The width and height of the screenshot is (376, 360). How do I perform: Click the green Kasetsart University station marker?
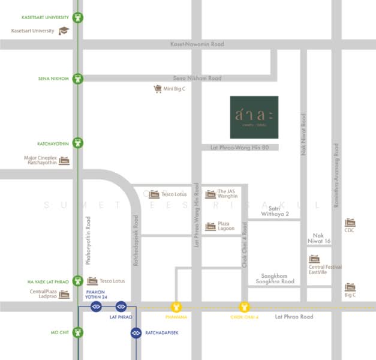tap(78, 17)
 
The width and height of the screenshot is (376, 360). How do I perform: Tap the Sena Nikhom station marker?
tap(78, 79)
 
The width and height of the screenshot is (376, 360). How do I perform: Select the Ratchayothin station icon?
tap(78, 143)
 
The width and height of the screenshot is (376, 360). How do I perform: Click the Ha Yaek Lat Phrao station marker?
tap(78, 281)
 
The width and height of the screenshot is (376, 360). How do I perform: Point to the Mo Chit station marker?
tap(78, 332)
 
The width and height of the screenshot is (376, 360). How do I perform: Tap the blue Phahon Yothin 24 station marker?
tap(96, 307)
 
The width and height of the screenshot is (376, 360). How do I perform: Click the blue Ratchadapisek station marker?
tap(136, 332)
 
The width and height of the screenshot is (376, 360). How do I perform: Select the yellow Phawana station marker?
tap(176, 307)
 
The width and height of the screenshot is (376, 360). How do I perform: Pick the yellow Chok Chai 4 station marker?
tap(244, 307)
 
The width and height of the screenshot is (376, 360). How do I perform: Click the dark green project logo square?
tap(254, 117)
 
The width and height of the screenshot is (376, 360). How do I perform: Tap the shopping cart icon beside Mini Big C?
tap(158, 89)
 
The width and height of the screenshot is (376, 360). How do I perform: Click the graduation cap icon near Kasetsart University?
tap(64, 31)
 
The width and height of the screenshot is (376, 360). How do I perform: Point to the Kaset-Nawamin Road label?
tap(197, 44)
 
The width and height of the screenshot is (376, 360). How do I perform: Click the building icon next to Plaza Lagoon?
tap(210, 226)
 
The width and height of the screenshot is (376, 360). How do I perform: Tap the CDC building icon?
tap(350, 222)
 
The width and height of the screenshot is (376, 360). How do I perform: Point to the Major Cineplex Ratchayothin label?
tap(40, 160)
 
